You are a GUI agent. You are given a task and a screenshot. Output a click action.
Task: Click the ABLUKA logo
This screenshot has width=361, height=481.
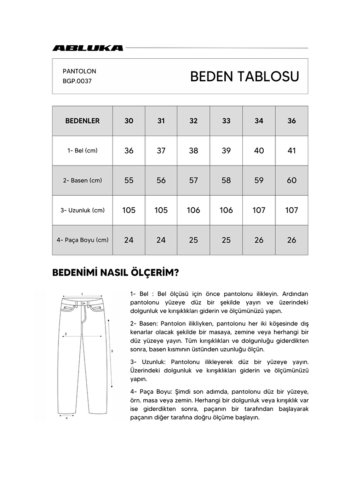point(88,48)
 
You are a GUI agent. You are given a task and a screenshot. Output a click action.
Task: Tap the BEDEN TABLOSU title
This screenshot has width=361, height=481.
point(245,76)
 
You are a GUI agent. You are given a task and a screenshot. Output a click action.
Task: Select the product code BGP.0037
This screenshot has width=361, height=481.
point(77,81)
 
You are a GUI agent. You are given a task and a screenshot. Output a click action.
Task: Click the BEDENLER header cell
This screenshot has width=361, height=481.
point(82,121)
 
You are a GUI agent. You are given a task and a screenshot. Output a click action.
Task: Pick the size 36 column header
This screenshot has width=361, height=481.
point(292,121)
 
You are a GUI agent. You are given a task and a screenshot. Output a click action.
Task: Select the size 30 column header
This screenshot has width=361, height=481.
point(129,121)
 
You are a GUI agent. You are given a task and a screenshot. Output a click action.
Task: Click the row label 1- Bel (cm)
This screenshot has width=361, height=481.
point(82,151)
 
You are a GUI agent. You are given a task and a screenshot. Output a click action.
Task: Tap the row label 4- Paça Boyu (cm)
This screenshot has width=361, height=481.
point(82,240)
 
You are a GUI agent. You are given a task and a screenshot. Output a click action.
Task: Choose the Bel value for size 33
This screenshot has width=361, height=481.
point(226,151)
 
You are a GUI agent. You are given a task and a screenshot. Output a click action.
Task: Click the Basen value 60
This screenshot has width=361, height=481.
point(292,180)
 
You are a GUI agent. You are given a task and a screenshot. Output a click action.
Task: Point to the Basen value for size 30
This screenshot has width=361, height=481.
point(129,180)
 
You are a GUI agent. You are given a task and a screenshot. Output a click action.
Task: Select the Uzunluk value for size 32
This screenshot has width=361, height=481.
point(194,210)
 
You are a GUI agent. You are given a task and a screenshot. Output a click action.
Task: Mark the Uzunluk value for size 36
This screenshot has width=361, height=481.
point(292,210)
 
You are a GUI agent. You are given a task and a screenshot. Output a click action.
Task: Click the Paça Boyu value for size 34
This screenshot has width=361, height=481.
point(259,240)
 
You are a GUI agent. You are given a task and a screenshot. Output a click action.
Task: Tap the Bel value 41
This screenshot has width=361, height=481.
point(292,151)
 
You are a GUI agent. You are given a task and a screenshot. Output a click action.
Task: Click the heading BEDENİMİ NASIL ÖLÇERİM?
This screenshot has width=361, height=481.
point(116,273)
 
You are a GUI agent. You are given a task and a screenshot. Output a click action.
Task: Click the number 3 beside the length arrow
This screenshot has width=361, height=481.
point(112,351)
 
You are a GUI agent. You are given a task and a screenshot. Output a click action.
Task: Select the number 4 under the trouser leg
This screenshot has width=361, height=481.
point(67,418)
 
